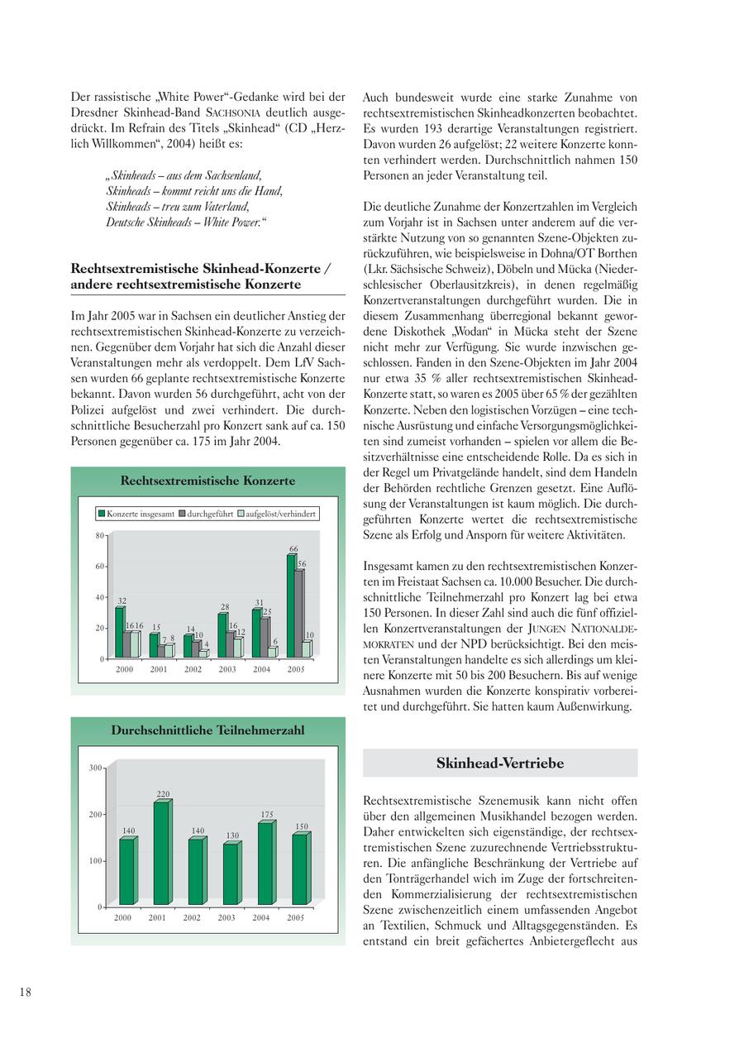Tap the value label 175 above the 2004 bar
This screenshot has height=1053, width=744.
pyautogui.click(x=267, y=815)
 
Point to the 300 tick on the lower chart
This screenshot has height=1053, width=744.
pyautogui.click(x=96, y=768)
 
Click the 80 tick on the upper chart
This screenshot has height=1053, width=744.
pyautogui.click(x=99, y=535)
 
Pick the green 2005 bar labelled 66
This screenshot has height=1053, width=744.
pyautogui.click(x=291, y=605)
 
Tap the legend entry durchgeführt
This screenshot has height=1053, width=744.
pyautogui.click(x=209, y=514)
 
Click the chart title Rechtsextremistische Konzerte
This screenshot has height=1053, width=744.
pyautogui.click(x=207, y=481)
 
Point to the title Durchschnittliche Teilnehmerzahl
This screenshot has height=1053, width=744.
pyautogui.click(x=207, y=730)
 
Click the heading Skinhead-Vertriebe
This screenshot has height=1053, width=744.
pyautogui.click(x=500, y=763)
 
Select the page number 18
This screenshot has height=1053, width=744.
pyautogui.click(x=26, y=992)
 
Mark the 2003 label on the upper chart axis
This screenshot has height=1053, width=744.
pyautogui.click(x=227, y=669)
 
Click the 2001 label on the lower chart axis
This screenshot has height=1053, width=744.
pyautogui.click(x=157, y=917)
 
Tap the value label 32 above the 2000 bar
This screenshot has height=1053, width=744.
pyautogui.click(x=122, y=601)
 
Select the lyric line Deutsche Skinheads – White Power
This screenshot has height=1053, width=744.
pyautogui.click(x=187, y=223)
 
